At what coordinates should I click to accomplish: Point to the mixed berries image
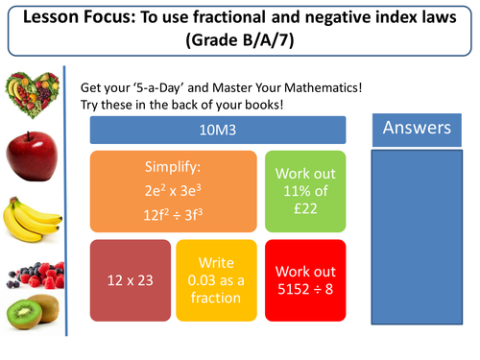(x=28, y=270)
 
